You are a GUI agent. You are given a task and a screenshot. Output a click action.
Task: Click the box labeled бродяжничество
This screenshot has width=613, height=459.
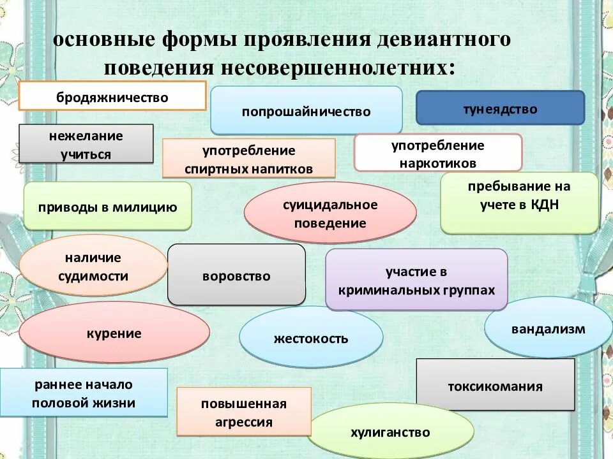click(x=112, y=97)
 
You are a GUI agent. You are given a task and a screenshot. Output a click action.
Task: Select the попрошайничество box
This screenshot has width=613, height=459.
click(x=306, y=111)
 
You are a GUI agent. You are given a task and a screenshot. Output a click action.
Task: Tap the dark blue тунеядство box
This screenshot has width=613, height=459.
click(x=500, y=108)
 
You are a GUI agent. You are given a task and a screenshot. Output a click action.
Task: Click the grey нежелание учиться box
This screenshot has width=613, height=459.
click(x=86, y=144)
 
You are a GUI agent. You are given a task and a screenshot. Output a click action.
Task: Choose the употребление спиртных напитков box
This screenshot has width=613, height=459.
click(x=248, y=159)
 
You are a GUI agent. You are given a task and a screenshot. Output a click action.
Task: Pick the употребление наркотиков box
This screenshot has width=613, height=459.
click(x=438, y=153)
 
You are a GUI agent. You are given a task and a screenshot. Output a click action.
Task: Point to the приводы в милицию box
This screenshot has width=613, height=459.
click(x=107, y=207)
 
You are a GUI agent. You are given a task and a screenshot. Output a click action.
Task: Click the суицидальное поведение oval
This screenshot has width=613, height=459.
click(x=330, y=214)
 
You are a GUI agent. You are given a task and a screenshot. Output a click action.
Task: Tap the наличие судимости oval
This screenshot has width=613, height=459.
click(x=93, y=266)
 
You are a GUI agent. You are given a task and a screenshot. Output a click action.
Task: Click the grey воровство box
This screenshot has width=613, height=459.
click(x=236, y=275)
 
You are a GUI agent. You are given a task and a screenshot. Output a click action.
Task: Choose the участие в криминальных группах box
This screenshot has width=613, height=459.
click(x=416, y=280)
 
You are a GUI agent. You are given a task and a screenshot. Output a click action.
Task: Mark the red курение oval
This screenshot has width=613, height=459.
click(x=114, y=333)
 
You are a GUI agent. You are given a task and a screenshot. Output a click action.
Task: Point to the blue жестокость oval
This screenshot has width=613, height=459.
click(x=311, y=337)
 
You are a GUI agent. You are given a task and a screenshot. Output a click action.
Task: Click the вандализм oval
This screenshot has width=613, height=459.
click(x=548, y=328)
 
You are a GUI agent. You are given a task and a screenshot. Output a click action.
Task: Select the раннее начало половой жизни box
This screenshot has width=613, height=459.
click(x=84, y=393)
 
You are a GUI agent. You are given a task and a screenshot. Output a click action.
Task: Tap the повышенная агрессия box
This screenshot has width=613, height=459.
click(x=244, y=412)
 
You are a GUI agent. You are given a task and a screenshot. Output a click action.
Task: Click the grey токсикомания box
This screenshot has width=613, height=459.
click(x=495, y=385)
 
